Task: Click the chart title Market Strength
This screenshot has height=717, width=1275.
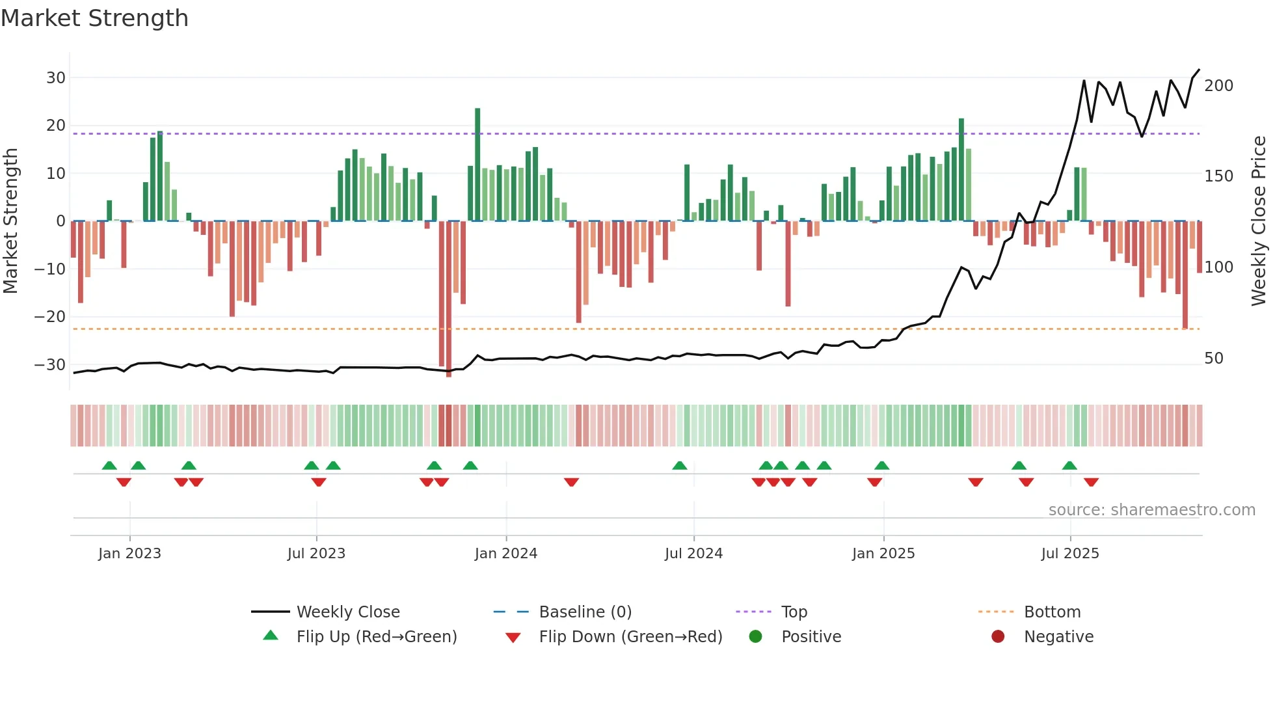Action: (94, 18)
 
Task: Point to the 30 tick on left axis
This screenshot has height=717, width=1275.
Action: (56, 78)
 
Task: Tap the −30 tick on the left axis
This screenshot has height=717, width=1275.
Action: (50, 365)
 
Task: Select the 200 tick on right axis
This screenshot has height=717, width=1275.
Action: (1218, 86)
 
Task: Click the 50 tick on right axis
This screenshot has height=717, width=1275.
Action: (1213, 358)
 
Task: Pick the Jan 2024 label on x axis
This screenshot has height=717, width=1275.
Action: (505, 554)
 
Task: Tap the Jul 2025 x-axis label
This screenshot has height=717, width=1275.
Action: (1069, 554)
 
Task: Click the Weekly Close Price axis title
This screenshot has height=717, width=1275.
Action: (1259, 221)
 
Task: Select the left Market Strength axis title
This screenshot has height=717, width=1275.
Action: (10, 221)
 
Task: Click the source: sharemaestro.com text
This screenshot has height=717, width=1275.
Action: (1151, 510)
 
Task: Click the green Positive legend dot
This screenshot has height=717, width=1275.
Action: (755, 636)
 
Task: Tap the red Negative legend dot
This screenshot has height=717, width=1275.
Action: (998, 636)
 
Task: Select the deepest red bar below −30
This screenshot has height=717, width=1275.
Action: (449, 299)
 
